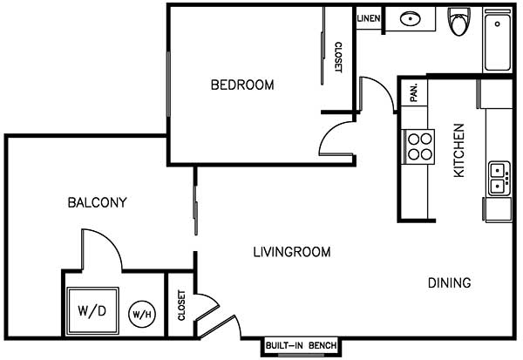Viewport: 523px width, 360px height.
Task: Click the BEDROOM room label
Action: pyautogui.click(x=242, y=85)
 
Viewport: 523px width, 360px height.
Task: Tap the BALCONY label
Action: pyautogui.click(x=98, y=203)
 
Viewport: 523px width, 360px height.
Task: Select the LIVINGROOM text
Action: pyautogui.click(x=292, y=253)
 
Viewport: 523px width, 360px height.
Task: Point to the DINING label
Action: pyautogui.click(x=450, y=282)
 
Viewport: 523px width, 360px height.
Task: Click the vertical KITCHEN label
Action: pyautogui.click(x=458, y=151)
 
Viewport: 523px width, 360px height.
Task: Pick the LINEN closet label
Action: pyautogui.click(x=368, y=18)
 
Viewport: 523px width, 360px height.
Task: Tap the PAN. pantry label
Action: pyautogui.click(x=414, y=92)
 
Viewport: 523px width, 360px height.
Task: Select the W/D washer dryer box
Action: pyautogui.click(x=92, y=310)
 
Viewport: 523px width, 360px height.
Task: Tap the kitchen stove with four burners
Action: pyautogui.click(x=419, y=146)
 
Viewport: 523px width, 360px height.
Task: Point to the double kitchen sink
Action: pyautogui.click(x=499, y=177)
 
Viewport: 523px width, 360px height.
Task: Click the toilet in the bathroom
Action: pyautogui.click(x=459, y=21)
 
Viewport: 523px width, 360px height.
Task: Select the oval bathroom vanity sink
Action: pyautogui.click(x=410, y=18)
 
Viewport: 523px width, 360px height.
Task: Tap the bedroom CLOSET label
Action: pyautogui.click(x=338, y=58)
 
